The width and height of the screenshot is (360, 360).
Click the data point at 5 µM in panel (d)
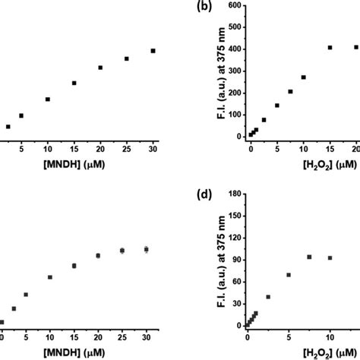pos(288,275)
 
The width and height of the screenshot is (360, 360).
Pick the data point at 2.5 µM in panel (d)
pos(268,297)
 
